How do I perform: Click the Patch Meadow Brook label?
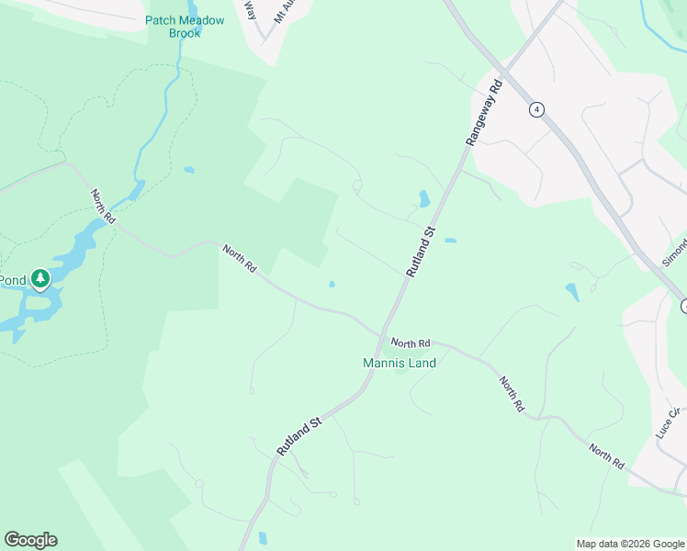pos(184,26)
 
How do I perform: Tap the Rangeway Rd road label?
pos(483,112)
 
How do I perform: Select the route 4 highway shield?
pos(536,109)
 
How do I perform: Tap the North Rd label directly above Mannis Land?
pos(410,343)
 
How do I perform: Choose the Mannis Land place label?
pos(398,363)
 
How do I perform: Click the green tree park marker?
pos(40,278)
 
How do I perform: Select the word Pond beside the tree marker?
pos(12,280)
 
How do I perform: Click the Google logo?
pos(30,540)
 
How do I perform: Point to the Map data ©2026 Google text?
pos(629,544)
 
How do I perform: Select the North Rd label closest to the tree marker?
pos(103,207)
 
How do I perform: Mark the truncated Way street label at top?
pos(249,9)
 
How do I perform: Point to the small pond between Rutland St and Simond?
pos(571,292)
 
